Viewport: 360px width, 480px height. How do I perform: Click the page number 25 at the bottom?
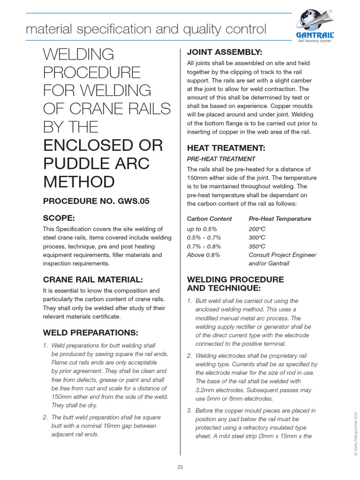point(180,467)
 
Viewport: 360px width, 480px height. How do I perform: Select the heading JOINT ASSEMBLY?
point(225,52)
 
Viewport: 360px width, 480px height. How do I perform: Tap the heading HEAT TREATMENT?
point(226,148)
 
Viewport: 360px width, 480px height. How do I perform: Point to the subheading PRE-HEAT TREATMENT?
point(221,159)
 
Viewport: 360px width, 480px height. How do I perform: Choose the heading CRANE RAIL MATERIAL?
point(93,279)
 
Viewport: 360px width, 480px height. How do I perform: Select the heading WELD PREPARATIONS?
point(90,333)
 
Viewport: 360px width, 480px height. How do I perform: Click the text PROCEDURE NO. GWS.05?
point(96,201)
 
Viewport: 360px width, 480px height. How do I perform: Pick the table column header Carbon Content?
point(210,219)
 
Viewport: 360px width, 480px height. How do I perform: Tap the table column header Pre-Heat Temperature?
point(280,219)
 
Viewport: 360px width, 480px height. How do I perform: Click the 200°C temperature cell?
point(257,229)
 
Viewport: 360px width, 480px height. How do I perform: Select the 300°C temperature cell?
point(257,238)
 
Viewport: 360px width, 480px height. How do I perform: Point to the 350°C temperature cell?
point(257,246)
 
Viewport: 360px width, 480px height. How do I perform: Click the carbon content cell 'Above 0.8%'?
point(203,255)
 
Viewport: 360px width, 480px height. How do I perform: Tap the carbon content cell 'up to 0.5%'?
point(202,229)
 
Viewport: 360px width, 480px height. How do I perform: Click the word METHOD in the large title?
point(79,181)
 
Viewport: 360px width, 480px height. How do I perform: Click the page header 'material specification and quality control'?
point(146,30)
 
